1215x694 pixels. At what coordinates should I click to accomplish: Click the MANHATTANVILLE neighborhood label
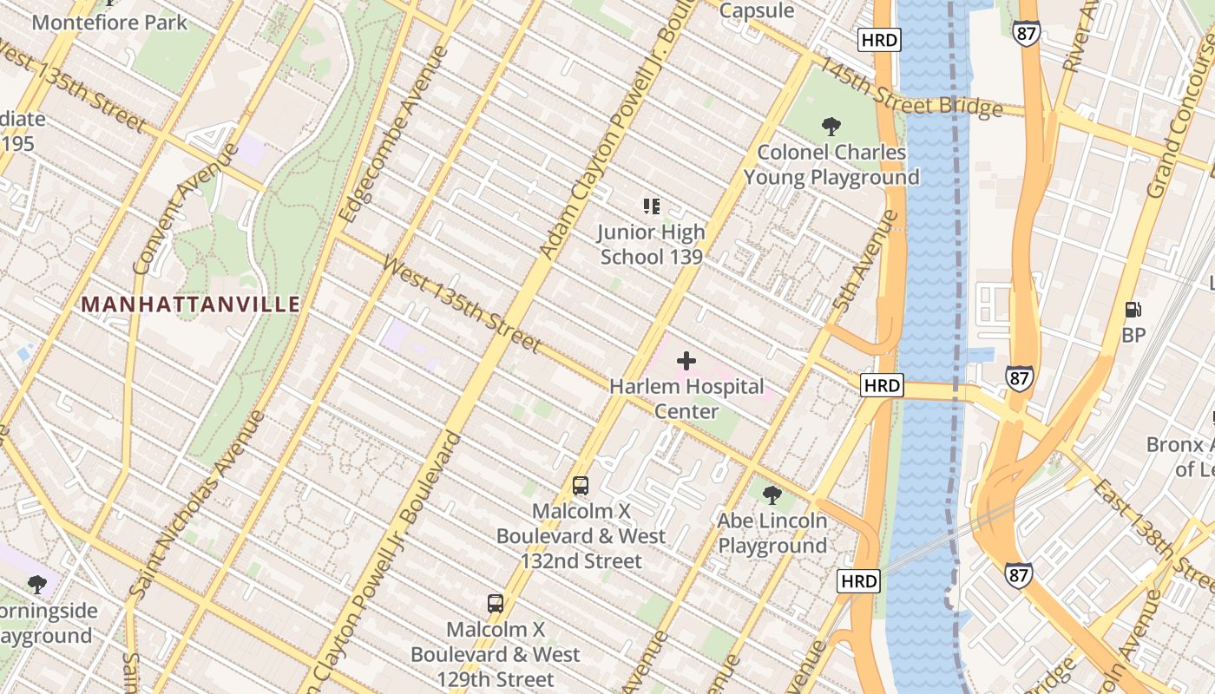coord(191,304)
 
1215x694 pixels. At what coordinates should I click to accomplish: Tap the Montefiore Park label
coord(109,22)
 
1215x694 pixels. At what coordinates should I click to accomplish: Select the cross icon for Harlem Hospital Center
coord(686,360)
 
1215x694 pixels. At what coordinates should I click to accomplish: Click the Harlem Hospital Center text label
coord(686,398)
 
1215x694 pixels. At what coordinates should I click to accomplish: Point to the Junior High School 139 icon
coord(652,206)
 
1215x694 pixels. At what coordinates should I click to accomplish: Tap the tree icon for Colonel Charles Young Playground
coord(831,127)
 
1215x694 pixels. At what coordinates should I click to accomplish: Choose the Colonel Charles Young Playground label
coord(831,165)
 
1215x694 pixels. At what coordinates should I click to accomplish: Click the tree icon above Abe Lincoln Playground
coord(772,495)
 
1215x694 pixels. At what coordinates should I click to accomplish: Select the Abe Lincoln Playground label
coord(772,534)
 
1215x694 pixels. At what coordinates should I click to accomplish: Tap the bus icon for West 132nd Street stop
coord(581,486)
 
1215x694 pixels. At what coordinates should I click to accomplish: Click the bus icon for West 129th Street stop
coord(496,604)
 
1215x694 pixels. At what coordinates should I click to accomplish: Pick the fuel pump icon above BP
coord(1133,309)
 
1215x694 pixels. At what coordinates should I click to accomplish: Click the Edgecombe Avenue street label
coord(396,134)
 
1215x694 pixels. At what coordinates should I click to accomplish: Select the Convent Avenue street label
coord(187,208)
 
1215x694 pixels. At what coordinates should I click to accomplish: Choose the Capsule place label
coord(757,10)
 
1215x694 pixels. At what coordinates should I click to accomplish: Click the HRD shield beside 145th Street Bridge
coord(878,40)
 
